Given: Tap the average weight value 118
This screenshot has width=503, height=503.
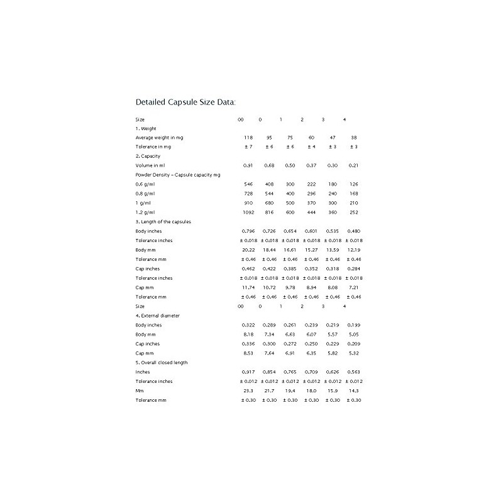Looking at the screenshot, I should [x=248, y=137].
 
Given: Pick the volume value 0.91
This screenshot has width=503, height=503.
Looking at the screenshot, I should [x=248, y=165].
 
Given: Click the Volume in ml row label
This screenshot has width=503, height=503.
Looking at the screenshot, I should [x=150, y=165].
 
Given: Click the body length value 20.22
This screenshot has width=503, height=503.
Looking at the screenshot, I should [x=248, y=250].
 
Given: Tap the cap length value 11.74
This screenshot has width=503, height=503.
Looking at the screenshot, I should [x=248, y=287].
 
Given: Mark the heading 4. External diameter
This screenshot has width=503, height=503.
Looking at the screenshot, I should [x=157, y=315].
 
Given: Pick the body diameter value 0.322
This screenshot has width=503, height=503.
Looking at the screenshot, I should [x=248, y=324].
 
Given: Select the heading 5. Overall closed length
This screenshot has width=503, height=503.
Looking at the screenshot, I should [x=162, y=362].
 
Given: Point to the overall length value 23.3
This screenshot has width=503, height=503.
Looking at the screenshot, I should [x=248, y=390].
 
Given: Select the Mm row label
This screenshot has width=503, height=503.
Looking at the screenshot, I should [x=138, y=390].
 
